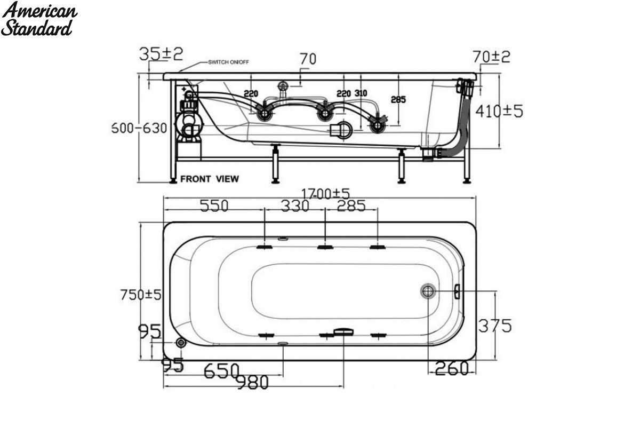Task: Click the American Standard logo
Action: pos(39,19)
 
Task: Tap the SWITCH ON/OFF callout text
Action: pos(228,62)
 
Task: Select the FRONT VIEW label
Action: pos(210,179)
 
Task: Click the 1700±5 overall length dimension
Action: pos(325,194)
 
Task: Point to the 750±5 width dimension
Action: pos(141,295)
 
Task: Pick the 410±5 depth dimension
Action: pos(499,111)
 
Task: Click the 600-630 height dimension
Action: pos(139,128)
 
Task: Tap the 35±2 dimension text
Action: pos(161,54)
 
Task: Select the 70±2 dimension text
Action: pos(491,57)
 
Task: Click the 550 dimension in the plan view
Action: pos(214,205)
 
